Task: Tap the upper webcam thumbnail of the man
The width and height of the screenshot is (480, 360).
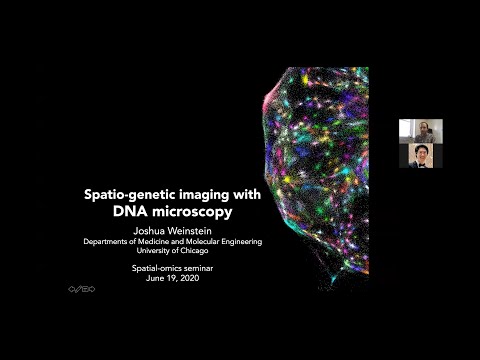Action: [420, 131]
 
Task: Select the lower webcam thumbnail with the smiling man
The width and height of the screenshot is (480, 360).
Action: [420, 155]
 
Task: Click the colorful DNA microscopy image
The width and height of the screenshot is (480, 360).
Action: [320, 170]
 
